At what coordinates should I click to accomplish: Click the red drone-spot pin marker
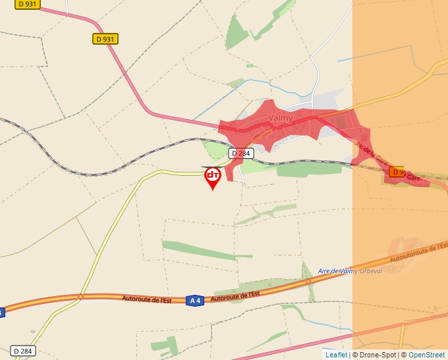tap(212, 176)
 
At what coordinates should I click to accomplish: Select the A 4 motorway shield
tap(194, 300)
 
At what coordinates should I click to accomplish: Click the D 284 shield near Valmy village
tap(241, 153)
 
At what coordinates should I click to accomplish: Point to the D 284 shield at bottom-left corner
tap(22, 351)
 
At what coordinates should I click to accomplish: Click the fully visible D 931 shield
tap(105, 39)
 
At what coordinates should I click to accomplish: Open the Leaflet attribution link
tap(336, 355)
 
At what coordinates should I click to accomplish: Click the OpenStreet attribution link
tap(428, 355)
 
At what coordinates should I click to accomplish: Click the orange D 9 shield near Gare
tap(396, 172)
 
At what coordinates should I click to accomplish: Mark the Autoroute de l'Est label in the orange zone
tap(418, 251)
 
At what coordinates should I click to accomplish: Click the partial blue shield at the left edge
tap(2, 312)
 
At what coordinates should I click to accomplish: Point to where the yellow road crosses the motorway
tap(80, 297)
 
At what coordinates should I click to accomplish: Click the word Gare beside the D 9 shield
tap(413, 178)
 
